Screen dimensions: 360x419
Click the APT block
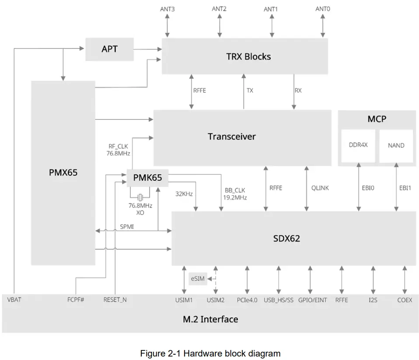(109, 49)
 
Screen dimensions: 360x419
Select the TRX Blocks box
(245, 56)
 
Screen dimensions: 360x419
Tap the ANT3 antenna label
(167, 9)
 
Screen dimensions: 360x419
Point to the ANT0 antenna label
(323, 9)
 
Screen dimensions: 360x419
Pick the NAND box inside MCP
(396, 145)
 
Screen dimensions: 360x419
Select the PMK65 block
(147, 178)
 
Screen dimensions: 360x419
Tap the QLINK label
(320, 188)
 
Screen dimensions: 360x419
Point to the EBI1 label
(405, 188)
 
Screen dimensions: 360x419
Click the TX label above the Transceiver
(250, 91)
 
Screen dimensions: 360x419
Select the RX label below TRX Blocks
(298, 91)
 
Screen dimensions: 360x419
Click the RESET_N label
(115, 300)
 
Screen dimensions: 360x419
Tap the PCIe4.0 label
(247, 300)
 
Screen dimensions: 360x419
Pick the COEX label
(405, 300)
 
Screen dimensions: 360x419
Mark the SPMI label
(127, 226)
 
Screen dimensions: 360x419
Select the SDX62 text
(286, 238)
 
